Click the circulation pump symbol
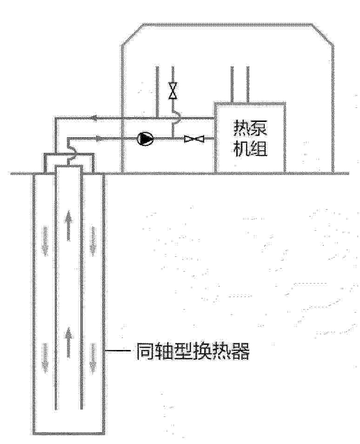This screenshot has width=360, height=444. point(145,139)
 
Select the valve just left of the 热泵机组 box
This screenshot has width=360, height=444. point(194,139)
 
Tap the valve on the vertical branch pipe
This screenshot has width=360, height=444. point(173,91)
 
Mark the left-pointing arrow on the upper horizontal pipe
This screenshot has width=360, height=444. point(93,118)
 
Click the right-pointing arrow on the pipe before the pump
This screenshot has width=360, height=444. point(98,139)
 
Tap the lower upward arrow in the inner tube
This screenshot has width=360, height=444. point(68,343)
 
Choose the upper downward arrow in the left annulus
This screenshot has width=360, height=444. point(45,241)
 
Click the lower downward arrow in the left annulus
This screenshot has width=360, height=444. point(45,357)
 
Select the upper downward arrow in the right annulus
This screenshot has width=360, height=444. point(93,241)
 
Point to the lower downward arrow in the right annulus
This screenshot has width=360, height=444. point(93,358)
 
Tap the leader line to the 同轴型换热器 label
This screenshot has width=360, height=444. point(118,351)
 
